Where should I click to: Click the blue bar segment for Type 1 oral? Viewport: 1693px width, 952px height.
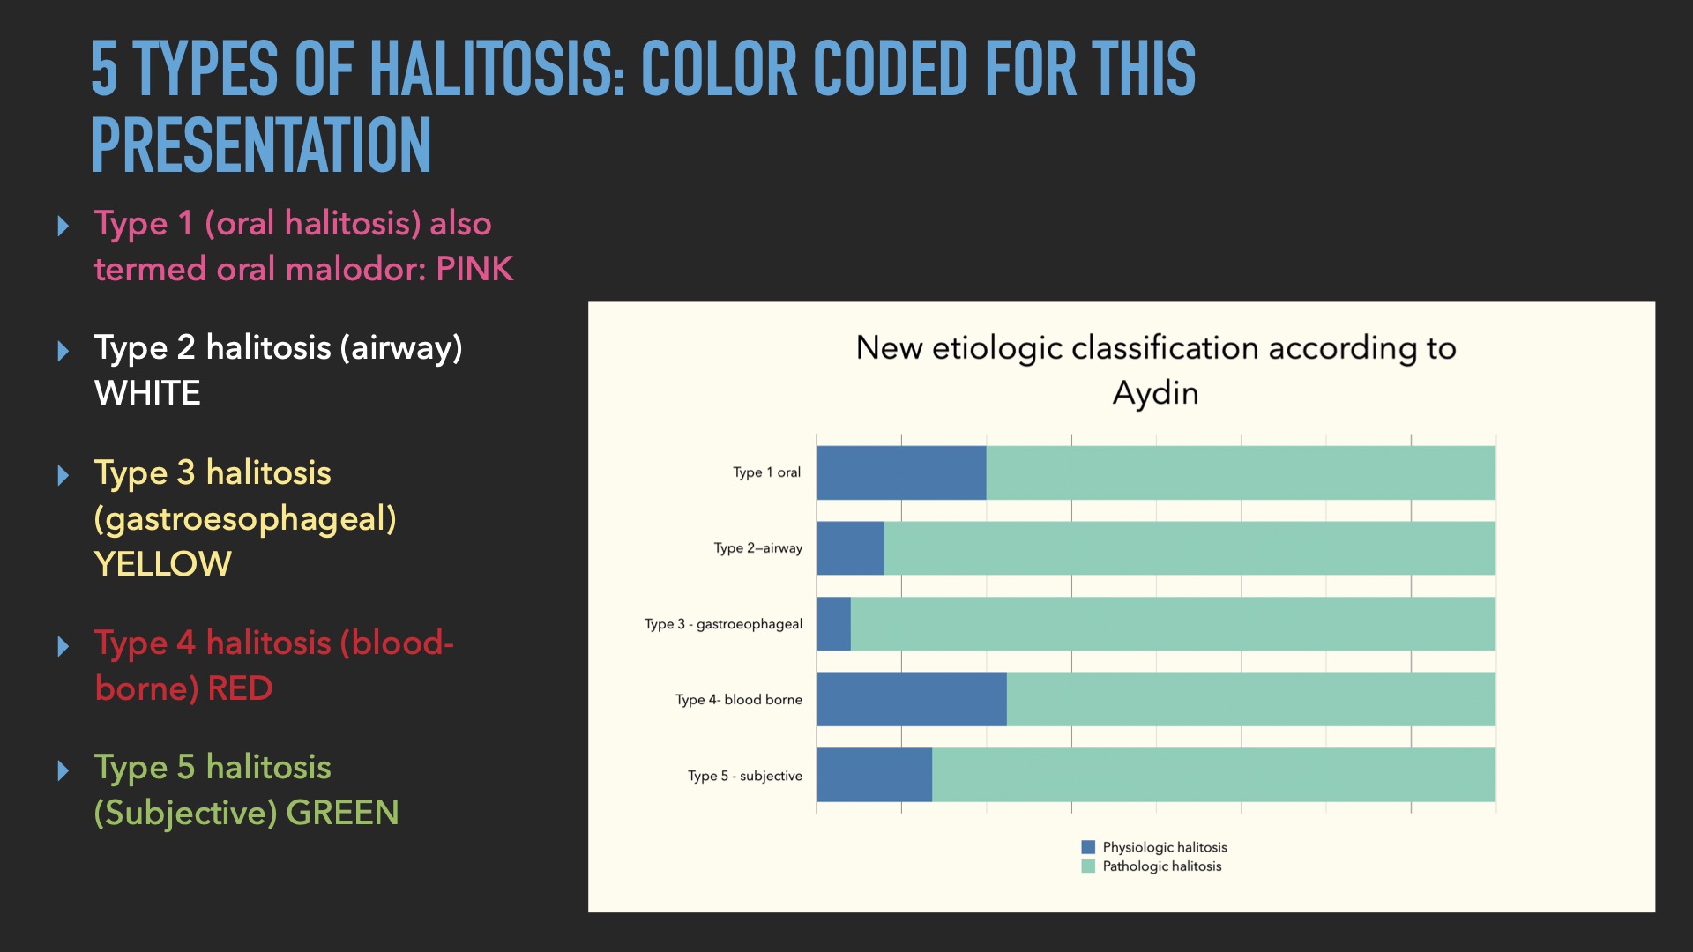click(901, 472)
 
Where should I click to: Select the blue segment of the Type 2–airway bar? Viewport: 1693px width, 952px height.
click(851, 548)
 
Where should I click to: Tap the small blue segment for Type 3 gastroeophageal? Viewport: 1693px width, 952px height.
click(834, 624)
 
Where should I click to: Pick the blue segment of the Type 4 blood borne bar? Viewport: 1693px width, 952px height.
click(912, 699)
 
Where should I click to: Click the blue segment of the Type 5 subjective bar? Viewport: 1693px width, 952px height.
click(875, 775)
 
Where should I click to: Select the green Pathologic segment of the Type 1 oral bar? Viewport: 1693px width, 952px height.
click(1241, 472)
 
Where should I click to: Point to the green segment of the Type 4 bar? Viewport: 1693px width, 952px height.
click(1251, 699)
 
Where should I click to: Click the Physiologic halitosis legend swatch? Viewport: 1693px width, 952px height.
click(1088, 847)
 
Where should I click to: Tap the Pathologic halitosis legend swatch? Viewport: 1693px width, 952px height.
click(1088, 866)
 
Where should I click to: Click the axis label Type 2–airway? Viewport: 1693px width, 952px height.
click(758, 548)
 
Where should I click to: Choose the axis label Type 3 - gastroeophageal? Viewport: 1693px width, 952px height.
click(723, 624)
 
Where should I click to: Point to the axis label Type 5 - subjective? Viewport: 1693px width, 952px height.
click(745, 776)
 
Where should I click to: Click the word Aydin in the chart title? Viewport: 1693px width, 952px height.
click(1155, 393)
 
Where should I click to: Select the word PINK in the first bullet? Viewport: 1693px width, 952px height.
click(474, 269)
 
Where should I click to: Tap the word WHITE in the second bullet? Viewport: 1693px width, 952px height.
click(147, 393)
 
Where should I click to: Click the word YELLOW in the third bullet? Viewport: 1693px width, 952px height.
click(163, 564)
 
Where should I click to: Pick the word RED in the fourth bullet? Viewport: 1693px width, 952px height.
click(240, 688)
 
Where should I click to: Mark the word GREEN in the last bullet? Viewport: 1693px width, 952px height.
click(342, 813)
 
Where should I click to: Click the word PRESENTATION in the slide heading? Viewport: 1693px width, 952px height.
click(261, 145)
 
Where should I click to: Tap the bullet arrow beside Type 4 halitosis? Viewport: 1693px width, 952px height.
click(63, 646)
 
